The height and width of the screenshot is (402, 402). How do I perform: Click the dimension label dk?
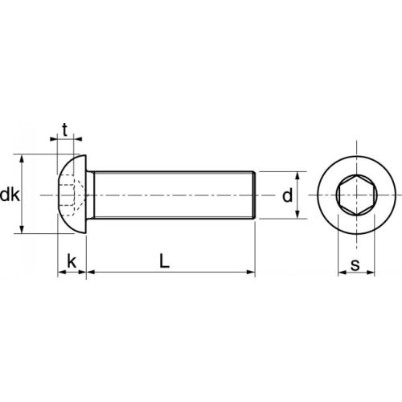click(x=10, y=195)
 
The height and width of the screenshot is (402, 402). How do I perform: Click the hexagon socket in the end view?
click(x=355, y=195)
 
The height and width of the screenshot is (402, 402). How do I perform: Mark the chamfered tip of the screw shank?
click(x=254, y=195)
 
